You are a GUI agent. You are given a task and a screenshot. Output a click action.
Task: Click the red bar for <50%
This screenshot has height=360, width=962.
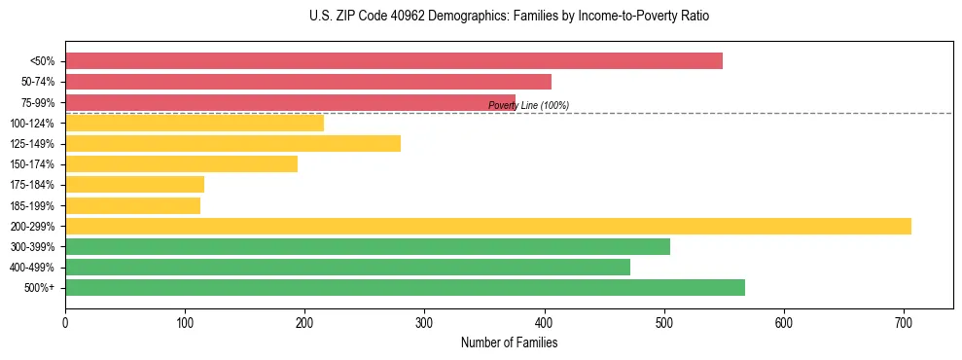394,60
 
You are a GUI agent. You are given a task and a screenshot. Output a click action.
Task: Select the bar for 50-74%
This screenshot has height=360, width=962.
308,82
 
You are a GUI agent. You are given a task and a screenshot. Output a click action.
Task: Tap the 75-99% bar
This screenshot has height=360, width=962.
290,102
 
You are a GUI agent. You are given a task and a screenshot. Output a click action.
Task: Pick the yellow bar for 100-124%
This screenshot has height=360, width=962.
195,123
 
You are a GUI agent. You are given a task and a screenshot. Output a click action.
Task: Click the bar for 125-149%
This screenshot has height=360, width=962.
232,143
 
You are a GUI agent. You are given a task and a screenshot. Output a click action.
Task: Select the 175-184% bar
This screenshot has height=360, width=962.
134,184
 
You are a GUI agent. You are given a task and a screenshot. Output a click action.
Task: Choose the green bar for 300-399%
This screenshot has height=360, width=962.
368,246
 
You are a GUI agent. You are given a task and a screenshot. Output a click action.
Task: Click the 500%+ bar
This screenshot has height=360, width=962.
405,287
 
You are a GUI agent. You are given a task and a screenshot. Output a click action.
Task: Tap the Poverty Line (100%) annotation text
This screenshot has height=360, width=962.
528,105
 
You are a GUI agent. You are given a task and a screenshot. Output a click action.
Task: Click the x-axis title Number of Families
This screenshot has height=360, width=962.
509,342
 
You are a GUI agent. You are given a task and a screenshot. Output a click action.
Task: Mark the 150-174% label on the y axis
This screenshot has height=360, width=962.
32,164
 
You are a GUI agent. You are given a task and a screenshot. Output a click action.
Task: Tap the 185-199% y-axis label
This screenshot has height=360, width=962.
32,205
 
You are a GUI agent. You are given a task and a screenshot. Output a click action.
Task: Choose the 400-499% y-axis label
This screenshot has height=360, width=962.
32,268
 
